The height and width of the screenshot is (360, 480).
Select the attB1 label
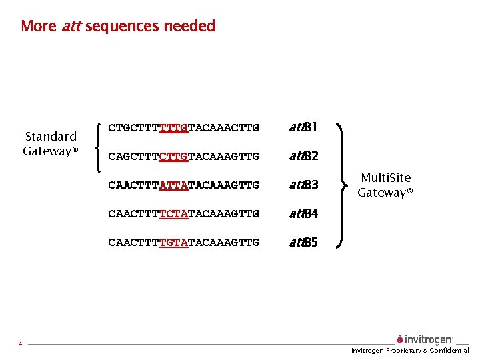[x=303, y=127]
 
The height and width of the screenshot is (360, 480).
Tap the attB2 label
[x=303, y=156]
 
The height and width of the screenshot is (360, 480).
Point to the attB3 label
[x=303, y=185]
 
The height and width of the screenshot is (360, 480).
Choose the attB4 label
[x=303, y=214]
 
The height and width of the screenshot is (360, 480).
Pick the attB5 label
[x=303, y=243]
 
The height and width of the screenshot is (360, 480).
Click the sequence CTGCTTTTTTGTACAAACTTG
[x=183, y=127]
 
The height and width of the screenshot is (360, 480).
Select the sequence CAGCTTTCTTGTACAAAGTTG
[x=183, y=156]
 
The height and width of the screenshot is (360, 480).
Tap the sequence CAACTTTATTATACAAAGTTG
[x=183, y=185]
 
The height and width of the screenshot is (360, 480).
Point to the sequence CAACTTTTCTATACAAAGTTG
[x=183, y=214]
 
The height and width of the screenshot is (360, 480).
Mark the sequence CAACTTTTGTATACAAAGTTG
[x=183, y=243]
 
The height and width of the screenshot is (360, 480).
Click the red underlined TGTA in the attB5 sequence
[x=174, y=243]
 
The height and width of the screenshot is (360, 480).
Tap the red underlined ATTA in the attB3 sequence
[x=174, y=185]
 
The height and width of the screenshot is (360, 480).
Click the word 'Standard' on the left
[x=51, y=137]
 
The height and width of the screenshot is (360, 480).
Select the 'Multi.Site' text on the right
[x=385, y=178]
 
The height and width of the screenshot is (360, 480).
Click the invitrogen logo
[x=425, y=340]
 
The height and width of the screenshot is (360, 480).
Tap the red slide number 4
[x=21, y=344]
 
